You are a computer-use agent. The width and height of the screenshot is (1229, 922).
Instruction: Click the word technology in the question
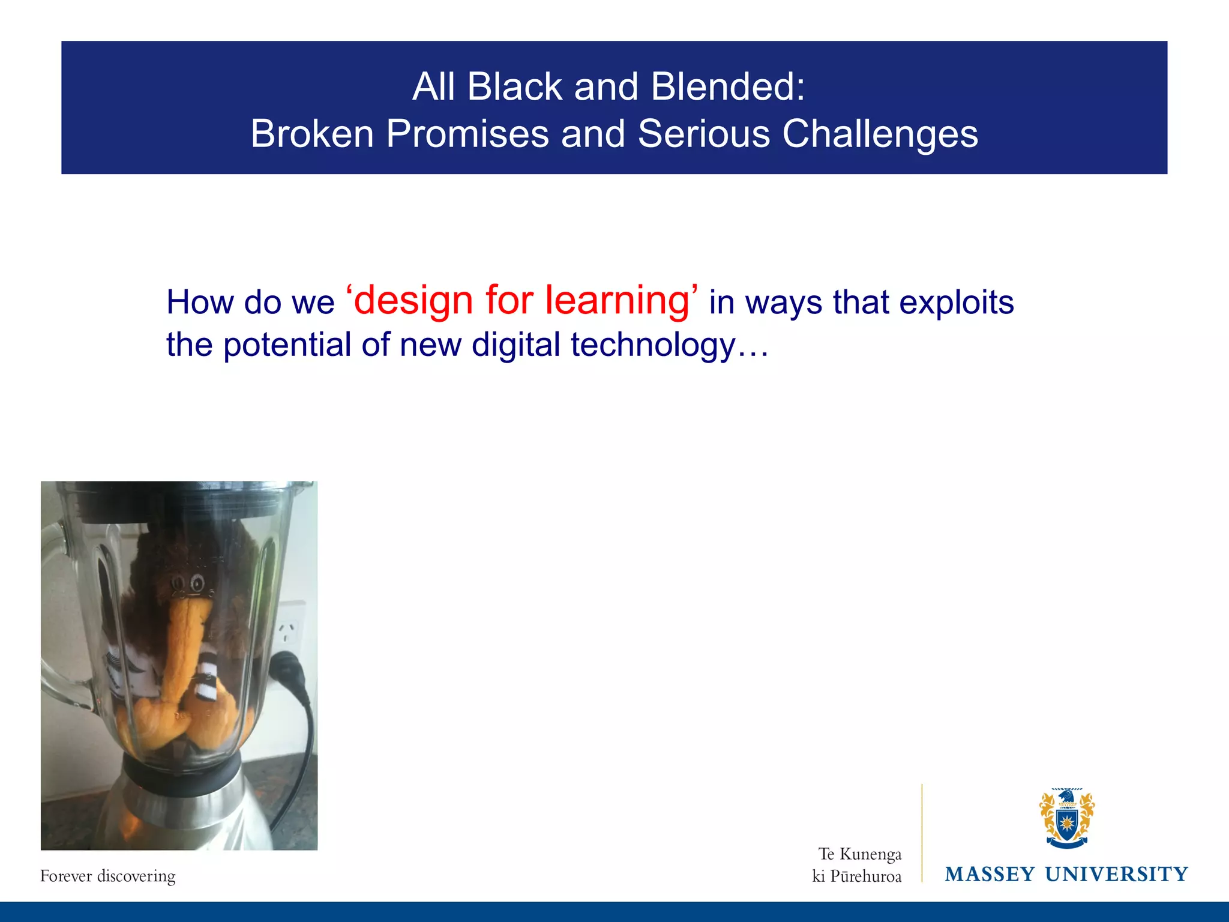click(x=652, y=346)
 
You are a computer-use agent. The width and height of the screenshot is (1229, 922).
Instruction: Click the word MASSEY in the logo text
click(x=990, y=875)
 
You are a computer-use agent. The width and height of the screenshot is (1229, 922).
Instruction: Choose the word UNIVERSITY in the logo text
click(x=1116, y=875)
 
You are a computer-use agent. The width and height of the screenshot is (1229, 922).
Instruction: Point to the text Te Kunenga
click(x=859, y=854)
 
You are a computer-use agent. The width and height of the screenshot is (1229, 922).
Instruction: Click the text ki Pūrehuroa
click(x=856, y=877)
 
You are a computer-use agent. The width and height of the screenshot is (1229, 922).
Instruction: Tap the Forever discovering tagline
click(x=108, y=876)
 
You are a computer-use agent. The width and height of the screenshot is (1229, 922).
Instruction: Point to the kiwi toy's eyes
click(x=187, y=583)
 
